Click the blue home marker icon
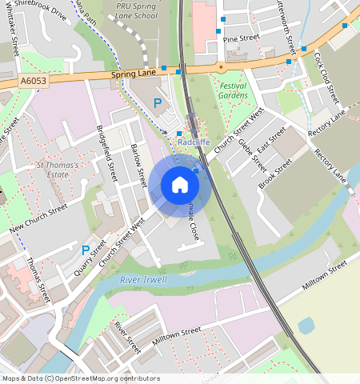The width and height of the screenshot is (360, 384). click(180, 185)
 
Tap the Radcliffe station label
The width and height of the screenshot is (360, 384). click(194, 142)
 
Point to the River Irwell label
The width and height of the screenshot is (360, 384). click(143, 280)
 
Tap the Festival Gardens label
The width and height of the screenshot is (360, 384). click(233, 90)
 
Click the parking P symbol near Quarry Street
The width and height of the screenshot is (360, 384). click(86, 250)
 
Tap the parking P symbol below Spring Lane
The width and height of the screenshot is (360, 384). click(158, 103)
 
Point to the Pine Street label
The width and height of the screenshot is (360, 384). click(242, 38)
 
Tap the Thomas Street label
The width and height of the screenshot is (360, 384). click(38, 277)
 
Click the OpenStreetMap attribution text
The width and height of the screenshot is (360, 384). click(80, 378)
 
